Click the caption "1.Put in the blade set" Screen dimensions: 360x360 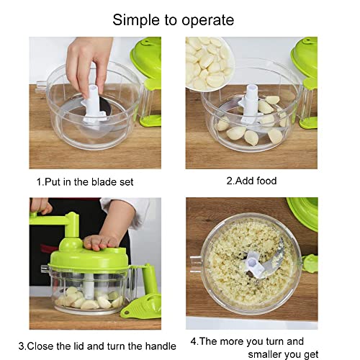(85, 182)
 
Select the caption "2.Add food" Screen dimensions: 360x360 (251, 181)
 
